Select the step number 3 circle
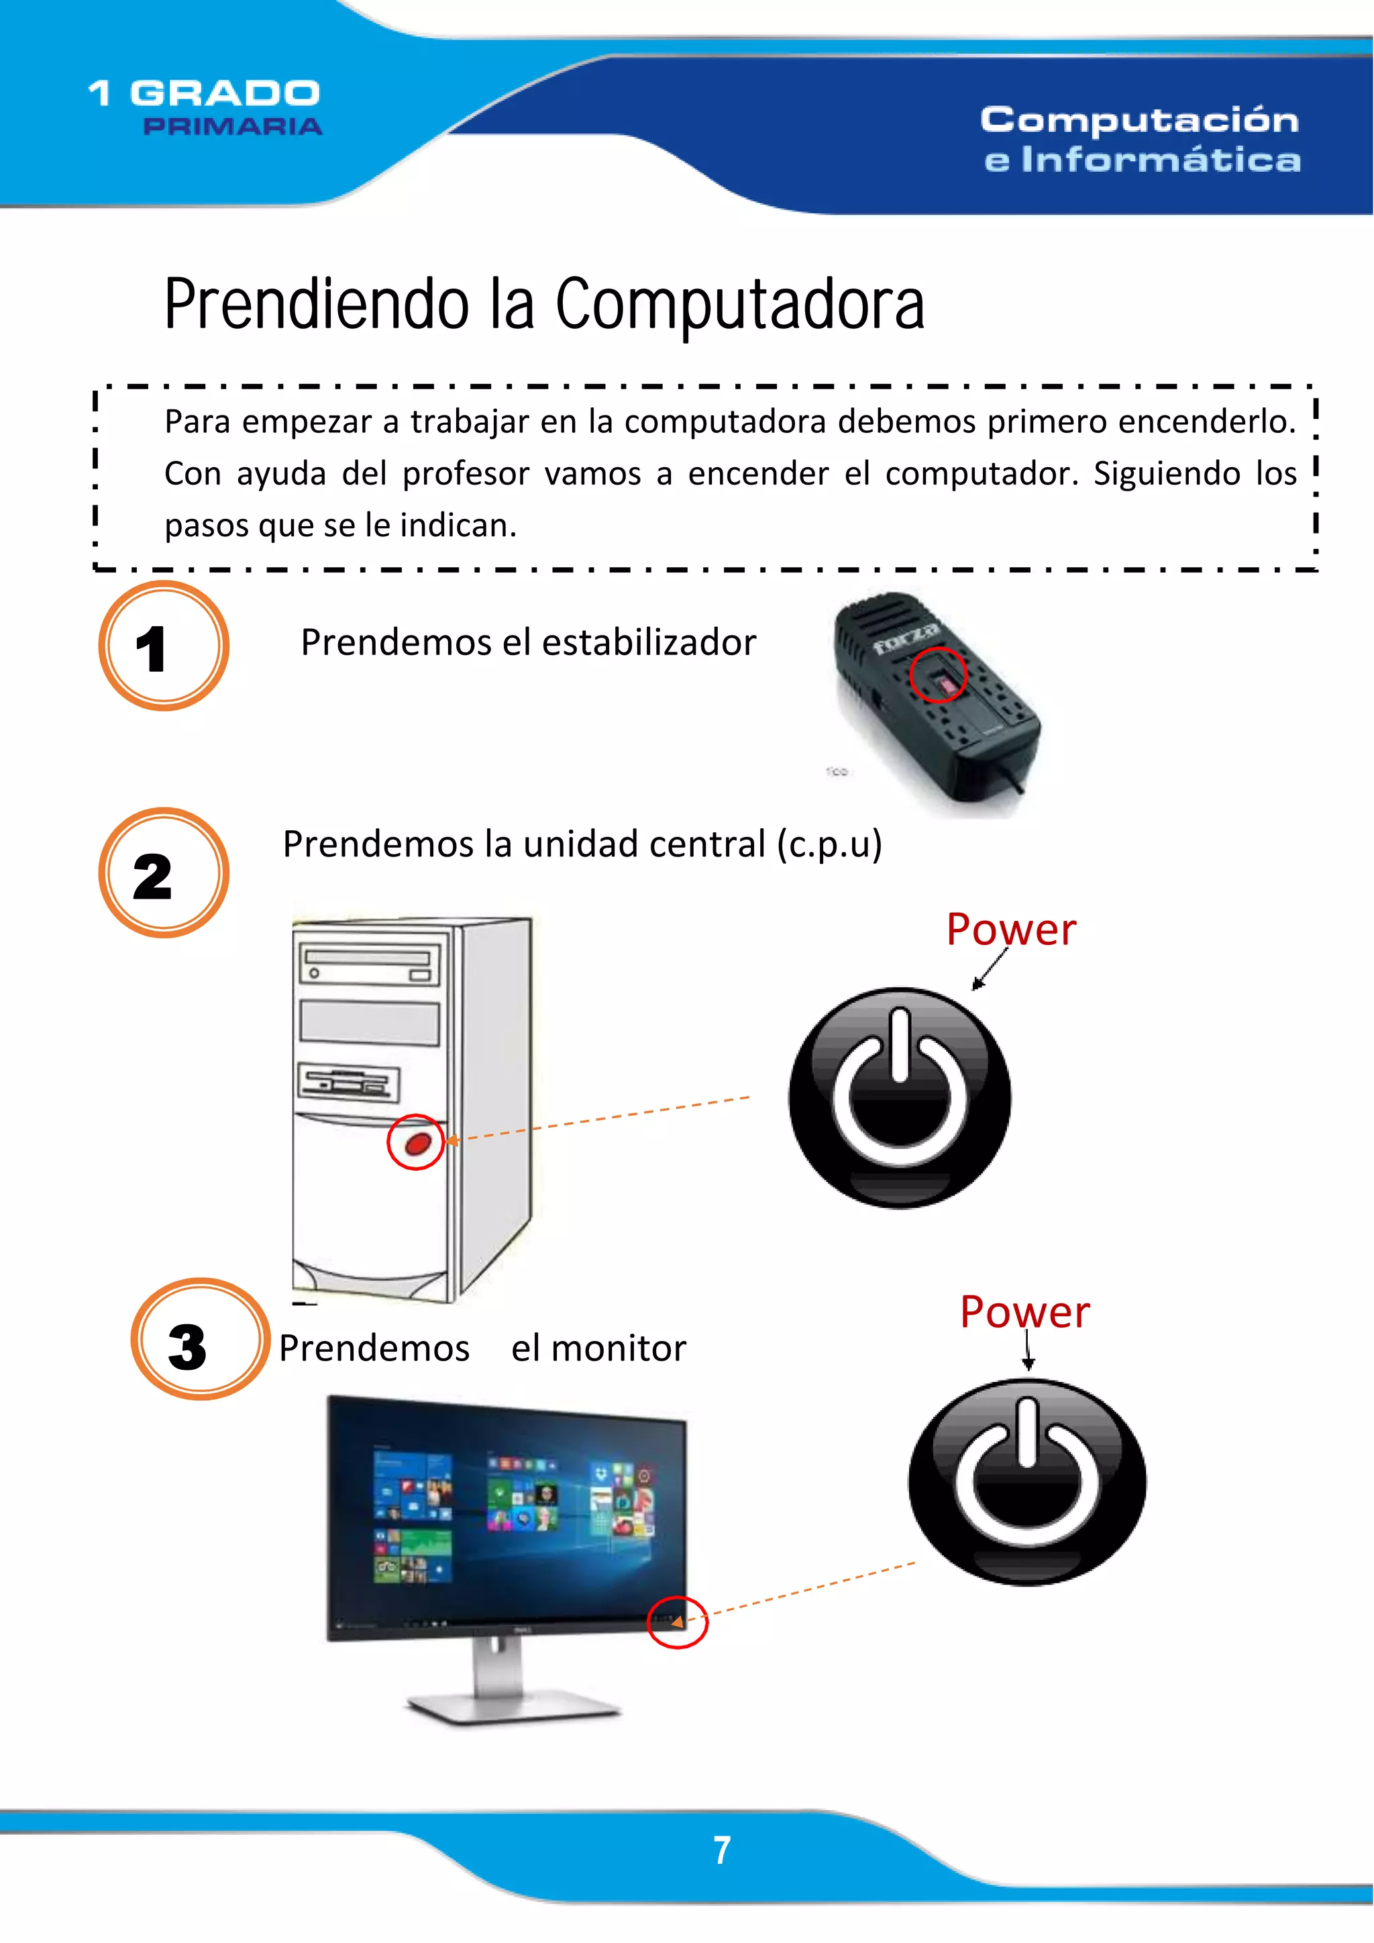point(200,1339)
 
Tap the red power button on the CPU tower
point(418,1143)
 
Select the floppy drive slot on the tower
point(348,1083)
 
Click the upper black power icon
point(900,1097)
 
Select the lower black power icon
point(1027,1482)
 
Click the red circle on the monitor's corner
point(677,1622)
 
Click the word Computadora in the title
point(739,304)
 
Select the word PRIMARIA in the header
point(233,126)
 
